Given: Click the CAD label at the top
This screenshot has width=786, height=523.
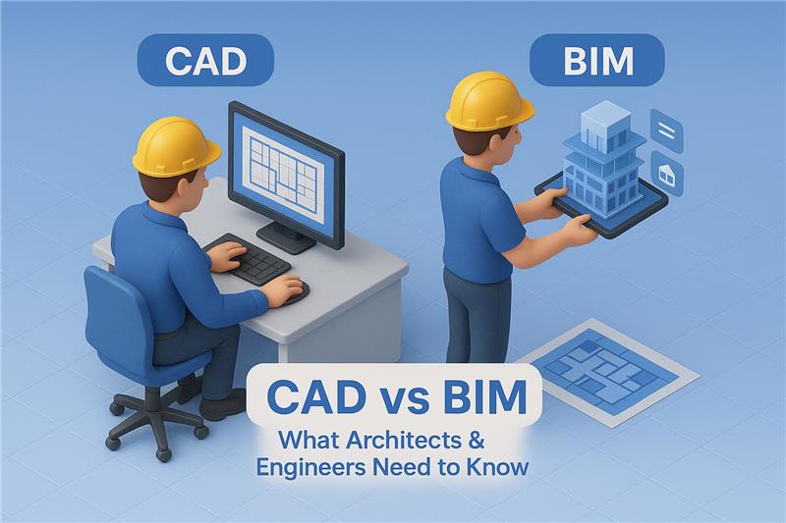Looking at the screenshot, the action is [205, 61].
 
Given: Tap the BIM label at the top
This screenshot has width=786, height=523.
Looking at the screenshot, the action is [597, 61].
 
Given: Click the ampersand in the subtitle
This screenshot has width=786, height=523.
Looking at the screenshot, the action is [477, 441].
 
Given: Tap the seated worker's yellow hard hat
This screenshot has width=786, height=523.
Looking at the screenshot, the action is [176, 144].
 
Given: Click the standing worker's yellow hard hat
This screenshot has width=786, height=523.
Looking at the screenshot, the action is [489, 100].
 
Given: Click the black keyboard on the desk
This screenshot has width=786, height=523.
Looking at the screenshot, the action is [248, 258].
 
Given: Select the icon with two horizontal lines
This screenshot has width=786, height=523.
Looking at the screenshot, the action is [667, 131].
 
